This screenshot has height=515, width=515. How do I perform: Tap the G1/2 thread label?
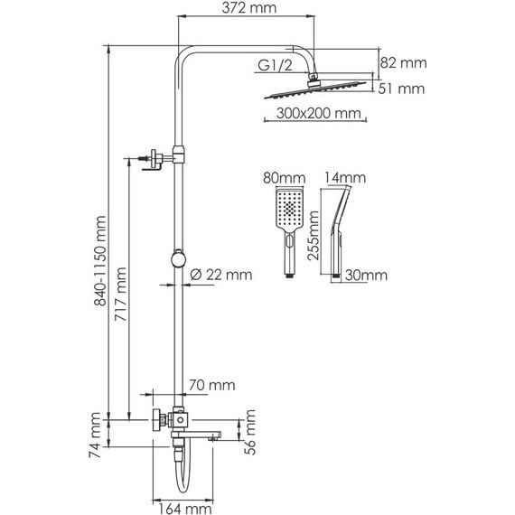pyautogui.click(x=275, y=64)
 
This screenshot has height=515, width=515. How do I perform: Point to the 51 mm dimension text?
pyautogui.click(x=400, y=89)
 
